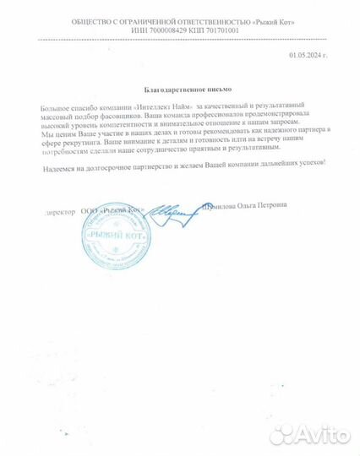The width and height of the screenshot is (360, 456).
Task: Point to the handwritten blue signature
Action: tap(174, 213)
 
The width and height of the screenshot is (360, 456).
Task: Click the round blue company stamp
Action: tap(115, 232)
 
